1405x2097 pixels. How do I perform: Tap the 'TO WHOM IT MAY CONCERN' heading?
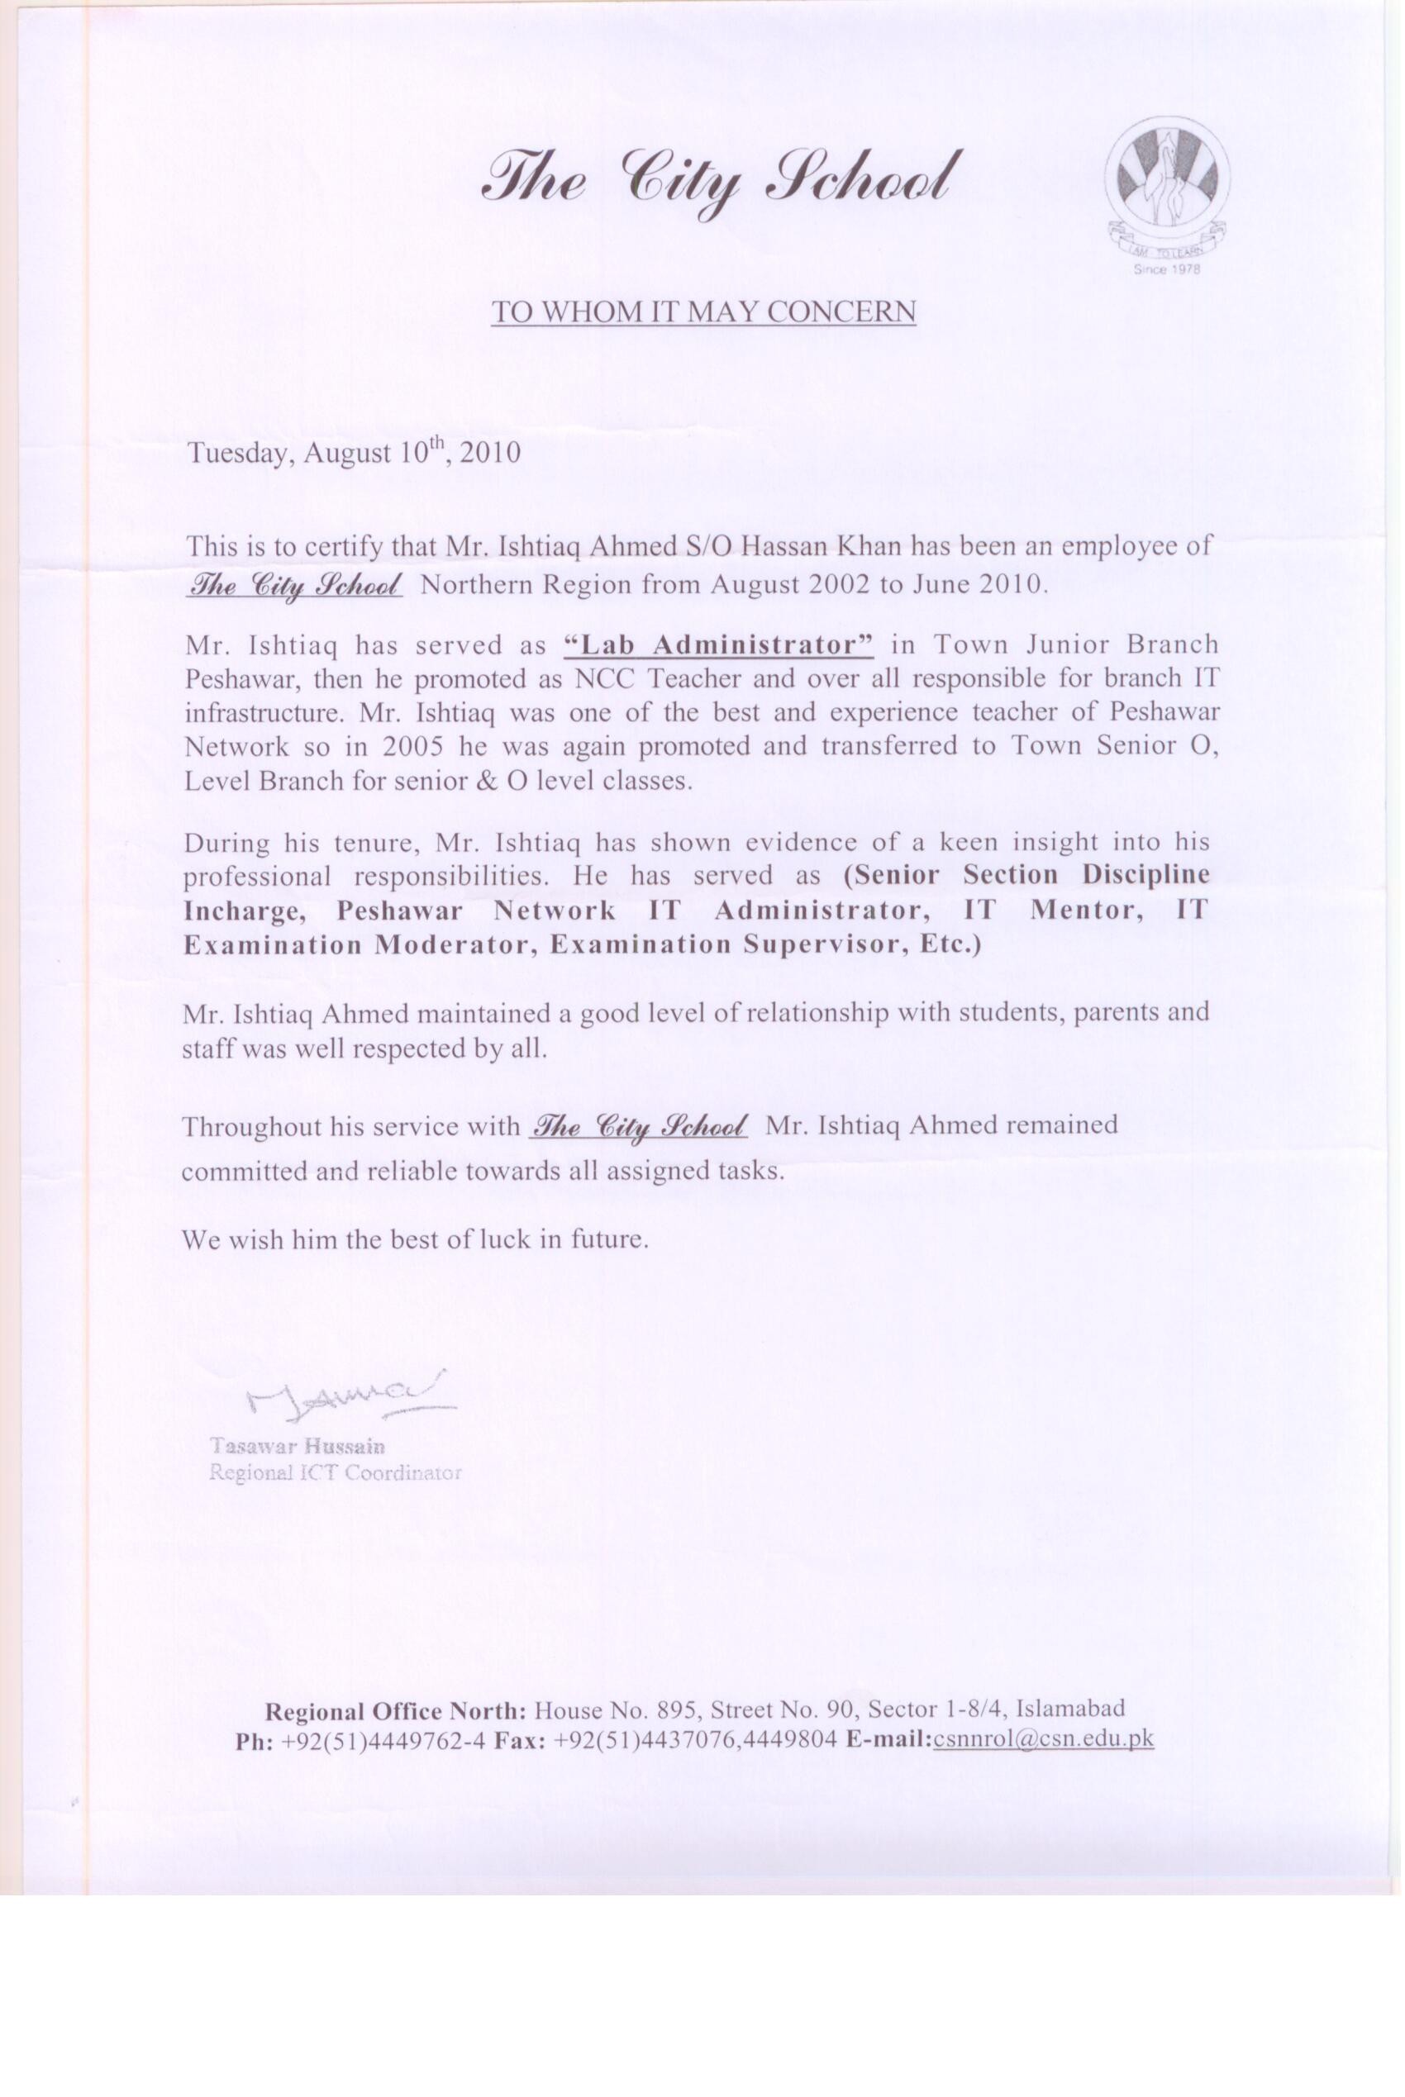click(703, 311)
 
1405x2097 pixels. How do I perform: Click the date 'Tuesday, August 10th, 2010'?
click(353, 450)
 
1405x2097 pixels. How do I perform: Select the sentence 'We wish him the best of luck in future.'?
click(414, 1239)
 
